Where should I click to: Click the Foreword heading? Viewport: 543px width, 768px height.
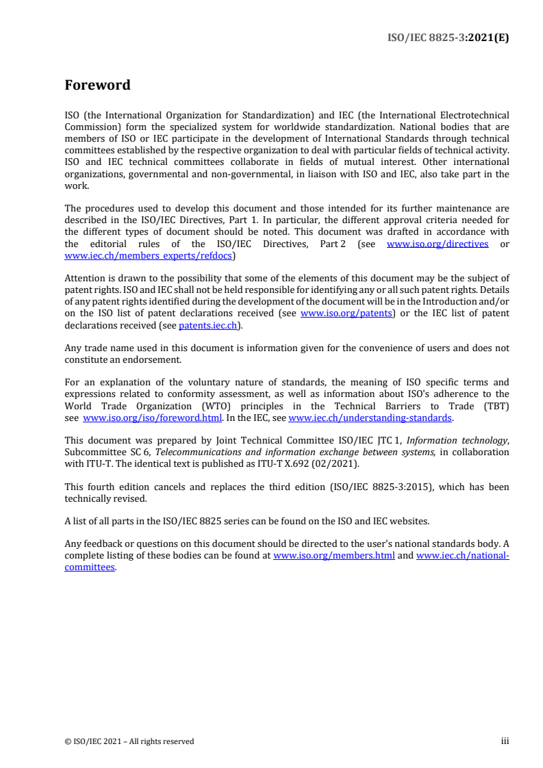click(97, 86)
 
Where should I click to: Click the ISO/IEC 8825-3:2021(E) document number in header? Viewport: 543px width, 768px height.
click(449, 38)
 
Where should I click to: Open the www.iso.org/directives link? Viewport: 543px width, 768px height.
click(438, 244)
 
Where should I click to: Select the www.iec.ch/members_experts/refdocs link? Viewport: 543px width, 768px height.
click(149, 256)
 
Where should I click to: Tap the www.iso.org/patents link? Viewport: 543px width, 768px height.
click(346, 313)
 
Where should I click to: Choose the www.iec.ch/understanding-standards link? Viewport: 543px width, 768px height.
click(370, 418)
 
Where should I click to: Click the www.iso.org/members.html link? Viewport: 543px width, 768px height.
click(333, 556)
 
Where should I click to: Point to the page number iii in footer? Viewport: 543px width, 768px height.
click(505, 741)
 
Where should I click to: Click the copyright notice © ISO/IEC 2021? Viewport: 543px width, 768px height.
click(129, 741)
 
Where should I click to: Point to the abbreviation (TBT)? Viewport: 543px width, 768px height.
click(495, 406)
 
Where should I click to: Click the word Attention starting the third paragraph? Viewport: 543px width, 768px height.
click(86, 279)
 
